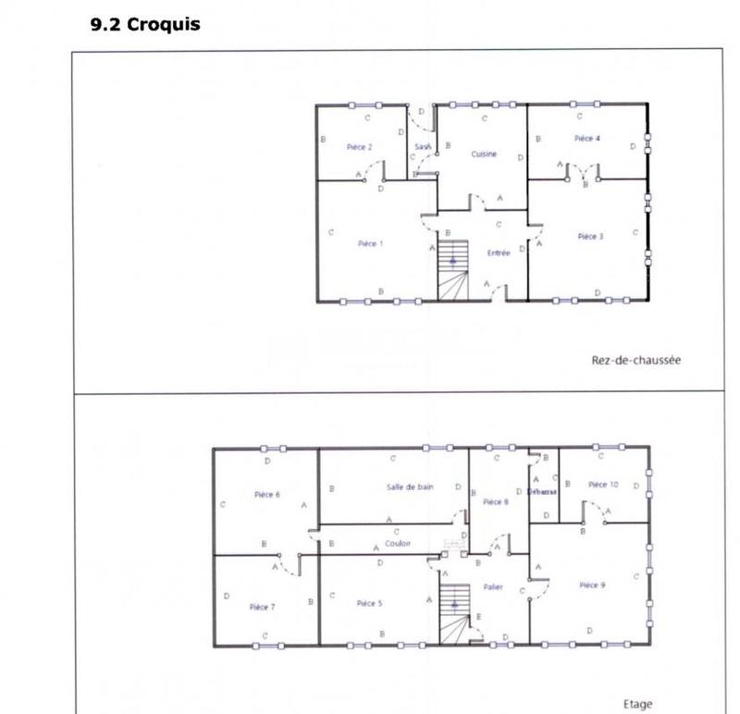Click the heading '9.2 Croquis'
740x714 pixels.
[145, 25]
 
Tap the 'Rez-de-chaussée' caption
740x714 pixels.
[635, 361]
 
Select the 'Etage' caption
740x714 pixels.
[638, 705]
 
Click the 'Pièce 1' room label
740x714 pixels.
[371, 244]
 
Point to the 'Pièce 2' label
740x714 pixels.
[360, 147]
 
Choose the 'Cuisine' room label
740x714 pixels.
[484, 154]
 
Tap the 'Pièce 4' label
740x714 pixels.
[587, 139]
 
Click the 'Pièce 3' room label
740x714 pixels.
[590, 237]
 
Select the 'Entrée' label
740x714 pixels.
[499, 252]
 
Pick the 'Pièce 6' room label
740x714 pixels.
[267, 495]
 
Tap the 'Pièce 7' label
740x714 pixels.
[262, 608]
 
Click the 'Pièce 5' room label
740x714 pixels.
[369, 604]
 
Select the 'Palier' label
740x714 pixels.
[493, 588]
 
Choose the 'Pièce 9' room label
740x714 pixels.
[592, 585]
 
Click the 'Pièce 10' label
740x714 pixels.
[602, 485]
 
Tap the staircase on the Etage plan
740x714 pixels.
[453, 611]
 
